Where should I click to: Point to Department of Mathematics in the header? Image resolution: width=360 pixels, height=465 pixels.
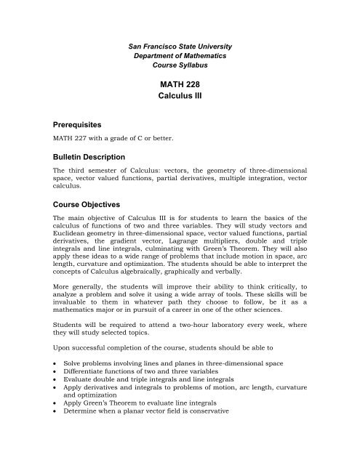point(179,55)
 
